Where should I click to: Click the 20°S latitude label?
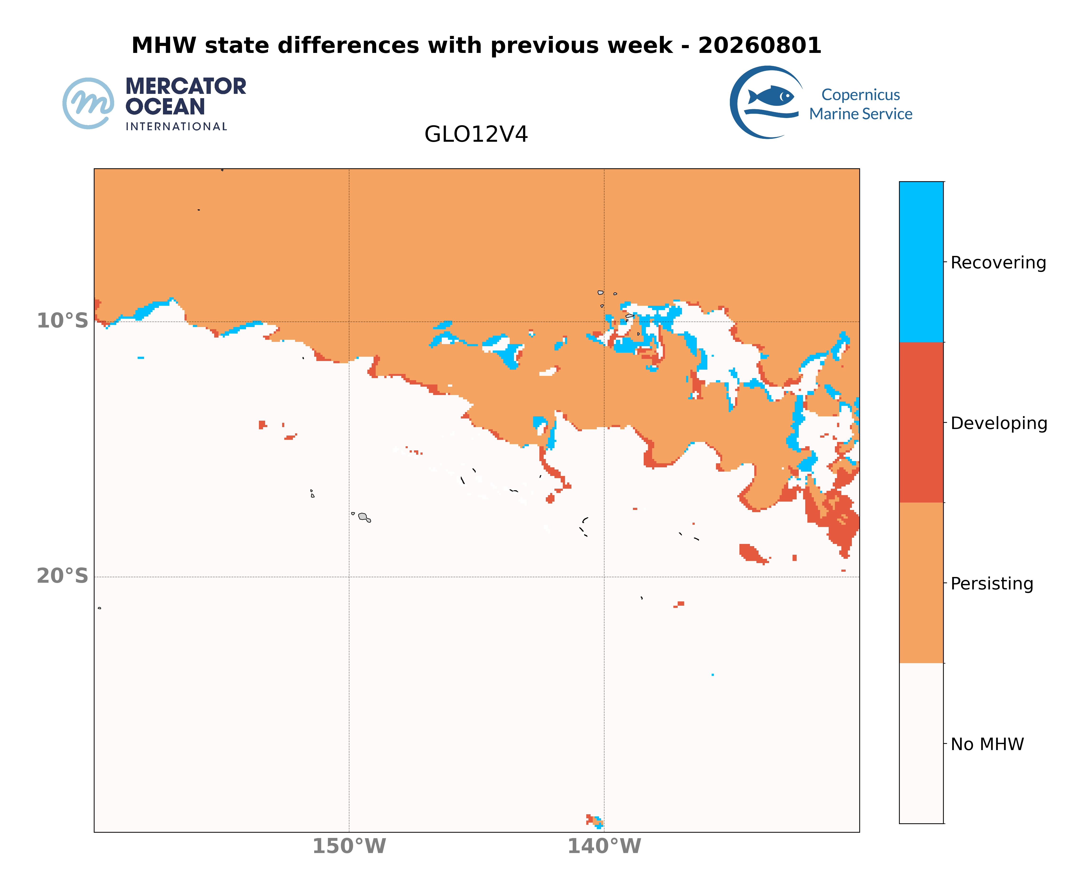pos(62,576)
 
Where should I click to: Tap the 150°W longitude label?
pos(349,846)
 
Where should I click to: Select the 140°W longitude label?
pos(604,846)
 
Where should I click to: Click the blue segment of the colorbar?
pos(921,262)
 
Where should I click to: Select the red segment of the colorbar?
pos(921,422)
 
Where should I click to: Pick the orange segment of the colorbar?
pos(921,583)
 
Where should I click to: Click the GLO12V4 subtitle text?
pos(476,134)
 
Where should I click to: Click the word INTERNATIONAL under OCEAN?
pos(176,127)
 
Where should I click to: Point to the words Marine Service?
pos(861,114)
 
